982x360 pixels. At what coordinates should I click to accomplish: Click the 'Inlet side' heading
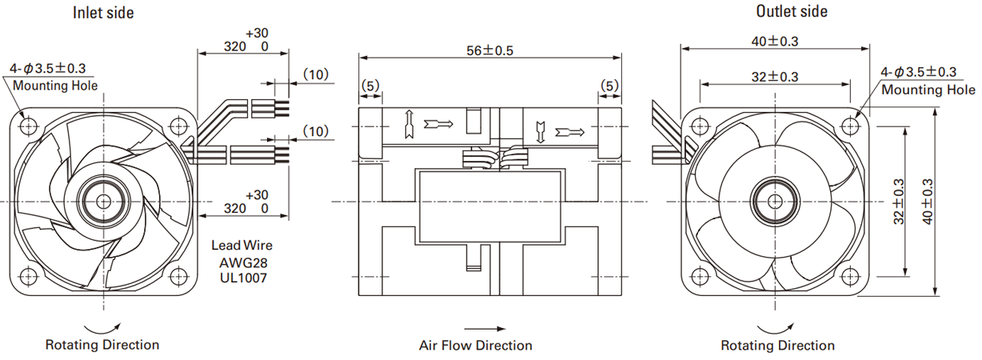click(103, 13)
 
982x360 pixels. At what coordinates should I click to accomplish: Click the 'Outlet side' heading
click(792, 11)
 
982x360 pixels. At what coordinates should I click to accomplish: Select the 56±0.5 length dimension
click(489, 51)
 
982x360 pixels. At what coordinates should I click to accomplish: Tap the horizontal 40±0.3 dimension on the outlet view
click(775, 42)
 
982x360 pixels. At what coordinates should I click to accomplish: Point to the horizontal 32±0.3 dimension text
click(775, 77)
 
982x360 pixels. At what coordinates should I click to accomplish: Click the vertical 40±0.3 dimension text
click(928, 202)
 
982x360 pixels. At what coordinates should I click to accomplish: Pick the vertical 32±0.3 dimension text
click(898, 202)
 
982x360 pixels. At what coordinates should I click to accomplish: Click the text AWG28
click(243, 262)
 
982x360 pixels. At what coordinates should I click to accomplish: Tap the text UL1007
click(243, 278)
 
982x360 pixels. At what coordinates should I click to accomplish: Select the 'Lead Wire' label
click(242, 245)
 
